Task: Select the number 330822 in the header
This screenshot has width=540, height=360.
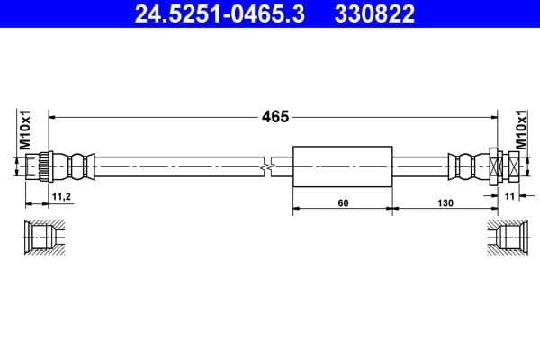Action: coord(371,13)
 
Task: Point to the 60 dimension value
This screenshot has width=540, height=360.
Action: coord(343,202)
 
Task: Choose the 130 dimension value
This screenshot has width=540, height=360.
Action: coord(445,202)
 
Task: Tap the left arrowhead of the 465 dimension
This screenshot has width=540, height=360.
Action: coord(52,116)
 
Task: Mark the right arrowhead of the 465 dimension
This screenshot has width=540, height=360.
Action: coord(493,116)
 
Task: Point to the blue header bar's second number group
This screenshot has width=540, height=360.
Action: coord(371,13)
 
